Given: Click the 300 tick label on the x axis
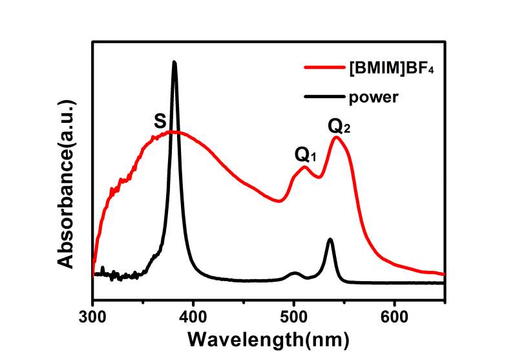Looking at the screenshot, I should click(93, 317).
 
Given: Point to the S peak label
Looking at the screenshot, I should click(159, 120).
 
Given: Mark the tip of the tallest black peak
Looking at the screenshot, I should click(174, 62).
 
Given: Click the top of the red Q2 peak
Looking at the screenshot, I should click(336, 137).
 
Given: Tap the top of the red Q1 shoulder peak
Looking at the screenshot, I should click(305, 167).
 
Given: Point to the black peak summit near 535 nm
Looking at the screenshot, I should click(330, 240).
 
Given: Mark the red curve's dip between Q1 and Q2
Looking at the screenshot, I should click(317, 177).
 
